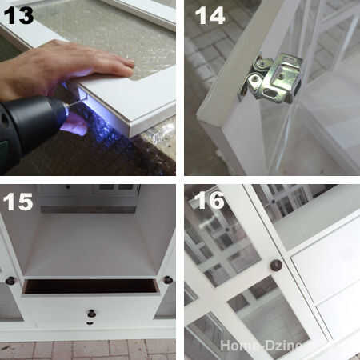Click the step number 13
click(x=18, y=16)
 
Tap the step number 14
click(x=210, y=16)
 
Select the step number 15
click(x=18, y=202)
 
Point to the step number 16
click(x=210, y=200)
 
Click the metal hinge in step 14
click(x=270, y=78)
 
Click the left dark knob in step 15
click(x=10, y=281)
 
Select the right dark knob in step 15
click(x=168, y=280)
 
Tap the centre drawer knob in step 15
click(x=91, y=314)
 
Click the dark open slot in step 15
click(x=90, y=286)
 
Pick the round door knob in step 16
click(x=276, y=266)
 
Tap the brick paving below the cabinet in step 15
click(x=88, y=350)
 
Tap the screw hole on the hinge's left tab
click(x=255, y=79)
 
